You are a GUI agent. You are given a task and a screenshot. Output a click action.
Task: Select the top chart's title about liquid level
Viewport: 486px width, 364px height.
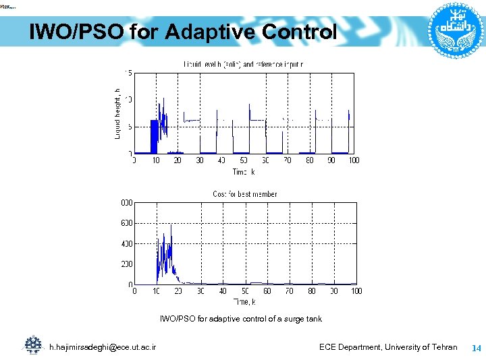pos(243,64)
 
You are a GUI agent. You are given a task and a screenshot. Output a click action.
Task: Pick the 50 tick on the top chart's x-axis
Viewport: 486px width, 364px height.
pos(244,160)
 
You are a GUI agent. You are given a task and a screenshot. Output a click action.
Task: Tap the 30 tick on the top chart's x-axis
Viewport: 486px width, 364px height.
pos(200,160)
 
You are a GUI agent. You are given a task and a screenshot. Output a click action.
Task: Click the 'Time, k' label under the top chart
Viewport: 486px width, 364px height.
pos(244,172)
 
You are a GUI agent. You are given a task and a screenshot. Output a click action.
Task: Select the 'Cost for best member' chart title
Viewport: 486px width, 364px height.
pos(244,194)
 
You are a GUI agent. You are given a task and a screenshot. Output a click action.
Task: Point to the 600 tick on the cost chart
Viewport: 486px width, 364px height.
pos(126,223)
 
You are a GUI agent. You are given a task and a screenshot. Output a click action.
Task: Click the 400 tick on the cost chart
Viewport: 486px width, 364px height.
pos(126,244)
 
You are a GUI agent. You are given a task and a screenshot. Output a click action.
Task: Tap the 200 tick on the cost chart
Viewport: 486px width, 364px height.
pos(126,264)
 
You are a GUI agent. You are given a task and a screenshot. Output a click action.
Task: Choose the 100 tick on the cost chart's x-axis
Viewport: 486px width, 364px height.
pos(356,291)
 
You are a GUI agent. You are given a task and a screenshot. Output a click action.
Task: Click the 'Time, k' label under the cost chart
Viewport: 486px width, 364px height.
pos(244,301)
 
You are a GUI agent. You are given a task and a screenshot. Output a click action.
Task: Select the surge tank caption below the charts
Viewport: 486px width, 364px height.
pos(240,319)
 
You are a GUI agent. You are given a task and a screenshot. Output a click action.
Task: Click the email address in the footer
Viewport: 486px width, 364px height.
pos(103,347)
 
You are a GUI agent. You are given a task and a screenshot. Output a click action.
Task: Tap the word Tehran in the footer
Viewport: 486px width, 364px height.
pos(443,347)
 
